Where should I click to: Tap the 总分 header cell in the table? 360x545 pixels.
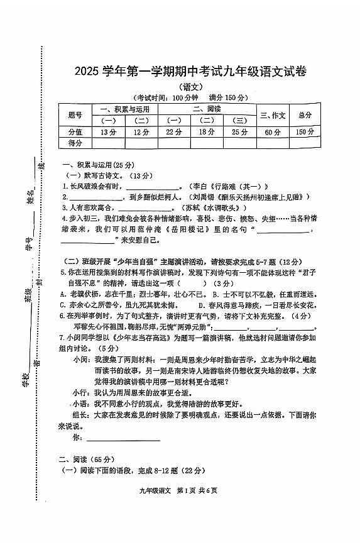tap(305, 115)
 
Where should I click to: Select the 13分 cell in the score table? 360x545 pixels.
tap(108, 132)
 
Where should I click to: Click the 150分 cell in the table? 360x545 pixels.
tap(305, 132)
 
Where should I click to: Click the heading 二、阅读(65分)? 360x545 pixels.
tap(84, 460)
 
